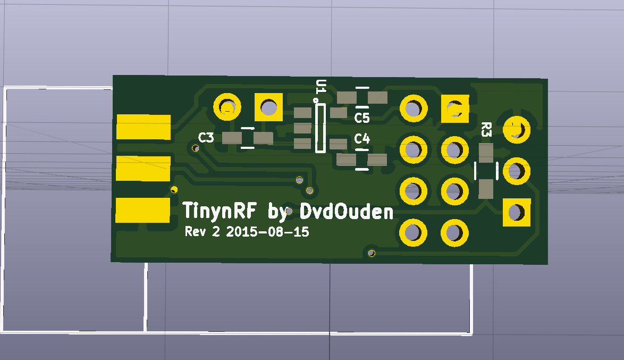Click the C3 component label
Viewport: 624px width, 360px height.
206,138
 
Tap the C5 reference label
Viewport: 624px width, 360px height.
362,117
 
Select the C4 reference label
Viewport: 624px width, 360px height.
362,139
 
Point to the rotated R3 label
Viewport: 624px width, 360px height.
485,130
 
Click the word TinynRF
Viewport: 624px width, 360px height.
220,211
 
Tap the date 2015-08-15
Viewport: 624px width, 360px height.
267,232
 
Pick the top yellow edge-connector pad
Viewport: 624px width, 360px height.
143,127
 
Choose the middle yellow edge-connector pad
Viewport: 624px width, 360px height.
143,169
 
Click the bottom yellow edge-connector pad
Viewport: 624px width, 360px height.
142,210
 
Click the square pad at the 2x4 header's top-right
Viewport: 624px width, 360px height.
455,108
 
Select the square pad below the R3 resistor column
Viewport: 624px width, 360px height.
516,212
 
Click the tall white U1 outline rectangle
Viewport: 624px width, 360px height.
321,128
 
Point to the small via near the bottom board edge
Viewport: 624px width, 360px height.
372,253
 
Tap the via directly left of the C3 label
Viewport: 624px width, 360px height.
196,148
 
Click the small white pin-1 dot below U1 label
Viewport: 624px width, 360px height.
316,100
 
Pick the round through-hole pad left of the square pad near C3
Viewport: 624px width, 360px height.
227,107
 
